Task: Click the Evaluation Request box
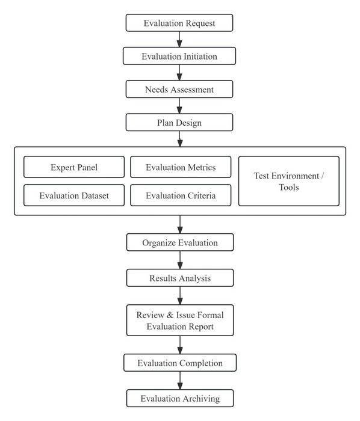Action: tap(179, 23)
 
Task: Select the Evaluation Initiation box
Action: tap(179, 57)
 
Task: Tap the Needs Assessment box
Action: tap(179, 90)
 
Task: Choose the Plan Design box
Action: tap(179, 123)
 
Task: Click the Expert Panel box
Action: tap(74, 167)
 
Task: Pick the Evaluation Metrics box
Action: tap(181, 167)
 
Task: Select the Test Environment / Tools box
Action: tap(288, 181)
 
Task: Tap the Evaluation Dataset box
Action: tap(74, 195)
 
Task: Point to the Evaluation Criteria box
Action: tap(181, 195)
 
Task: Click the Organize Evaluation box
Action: tap(179, 243)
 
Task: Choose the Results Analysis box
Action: tap(179, 278)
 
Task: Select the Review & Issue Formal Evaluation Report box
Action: tap(179, 320)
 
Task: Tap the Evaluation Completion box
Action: tap(179, 363)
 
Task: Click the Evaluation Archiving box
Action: tap(179, 398)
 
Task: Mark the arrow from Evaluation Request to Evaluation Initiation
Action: tap(179, 40)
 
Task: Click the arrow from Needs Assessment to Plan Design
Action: tap(179, 106)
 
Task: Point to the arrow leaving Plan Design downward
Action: tap(179, 139)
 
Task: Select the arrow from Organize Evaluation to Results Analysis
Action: tap(179, 260)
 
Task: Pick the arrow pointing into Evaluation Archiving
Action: tap(179, 381)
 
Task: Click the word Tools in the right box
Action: tap(288, 187)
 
